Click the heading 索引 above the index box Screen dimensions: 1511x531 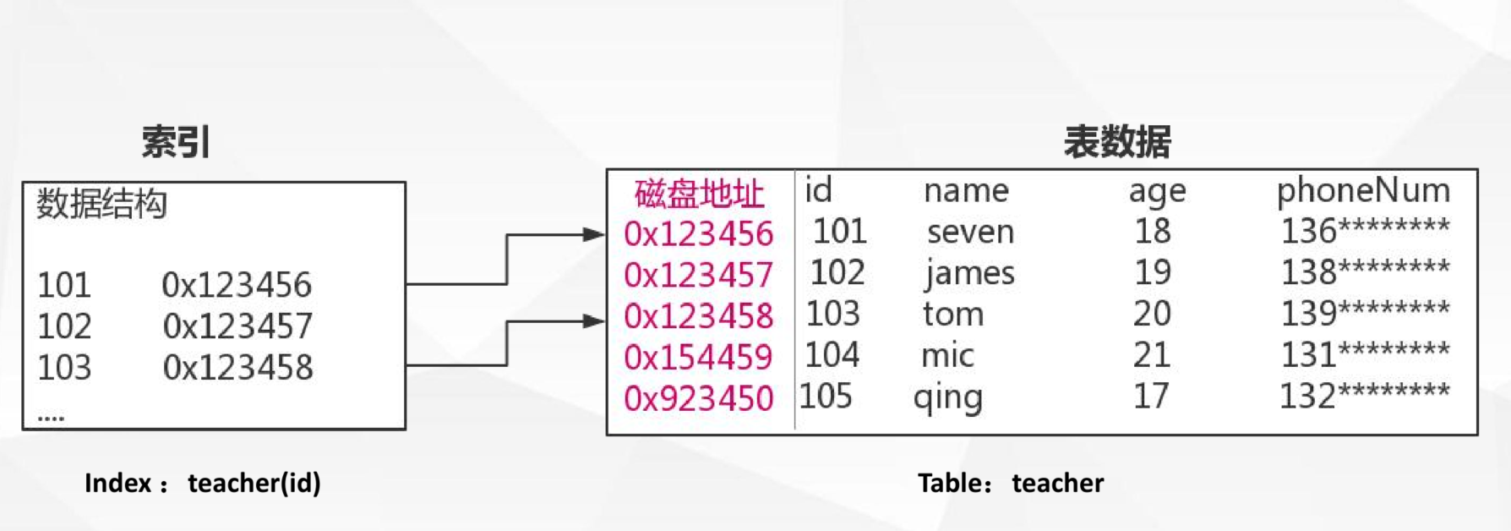176,141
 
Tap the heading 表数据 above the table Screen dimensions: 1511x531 1117,141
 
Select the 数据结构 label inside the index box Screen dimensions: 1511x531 101,204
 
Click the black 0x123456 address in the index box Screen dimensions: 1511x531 237,285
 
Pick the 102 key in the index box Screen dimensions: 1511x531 64,326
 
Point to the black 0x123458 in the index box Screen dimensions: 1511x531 237,368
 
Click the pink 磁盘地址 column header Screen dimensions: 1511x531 699,194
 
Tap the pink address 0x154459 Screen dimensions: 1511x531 698,357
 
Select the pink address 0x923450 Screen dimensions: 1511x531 698,398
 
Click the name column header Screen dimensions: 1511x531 966,191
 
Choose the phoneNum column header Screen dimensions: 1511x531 1363,191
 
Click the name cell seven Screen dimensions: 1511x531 970,232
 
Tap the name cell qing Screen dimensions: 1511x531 948,397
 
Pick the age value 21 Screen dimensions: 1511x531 1152,355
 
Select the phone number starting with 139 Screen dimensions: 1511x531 1365,314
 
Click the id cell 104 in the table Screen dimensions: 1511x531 832,355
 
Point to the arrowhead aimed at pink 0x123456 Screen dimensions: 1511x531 595,235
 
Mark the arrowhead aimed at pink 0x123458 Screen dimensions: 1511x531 595,321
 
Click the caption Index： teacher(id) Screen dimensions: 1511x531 203,483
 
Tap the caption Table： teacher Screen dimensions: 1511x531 1011,483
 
